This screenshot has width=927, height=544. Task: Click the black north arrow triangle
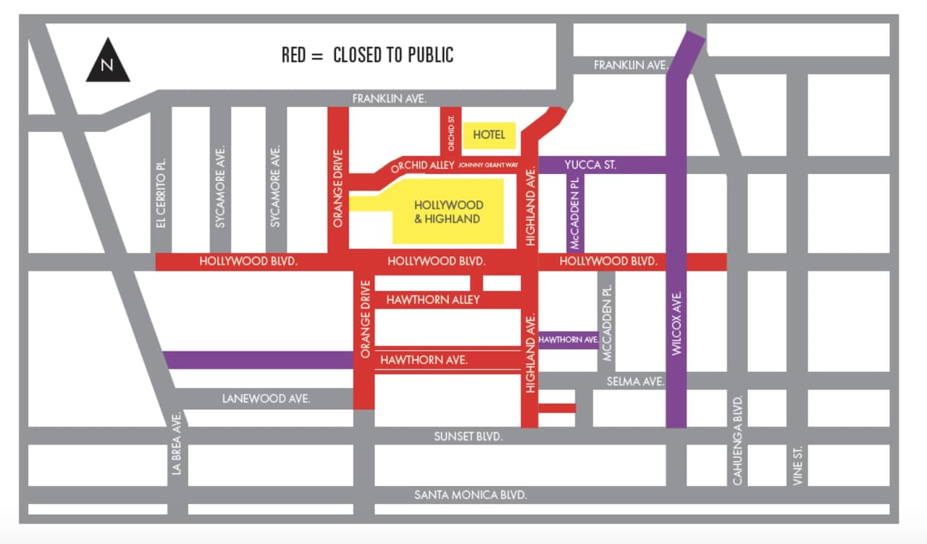pos(108,63)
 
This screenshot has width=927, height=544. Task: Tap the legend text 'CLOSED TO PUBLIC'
pos(393,55)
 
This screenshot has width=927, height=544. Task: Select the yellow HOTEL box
pos(489,135)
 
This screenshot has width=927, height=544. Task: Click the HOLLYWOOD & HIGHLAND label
pos(448,212)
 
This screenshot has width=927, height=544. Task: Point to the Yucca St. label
pos(590,165)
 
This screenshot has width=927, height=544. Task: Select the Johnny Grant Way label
pos(488,166)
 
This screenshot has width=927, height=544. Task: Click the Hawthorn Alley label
pos(433,299)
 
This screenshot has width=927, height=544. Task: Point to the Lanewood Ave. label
pos(267,398)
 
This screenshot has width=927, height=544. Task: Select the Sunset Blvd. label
pos(468,437)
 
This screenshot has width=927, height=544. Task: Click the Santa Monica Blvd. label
pos(470,495)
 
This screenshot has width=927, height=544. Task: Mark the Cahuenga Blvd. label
pos(738,440)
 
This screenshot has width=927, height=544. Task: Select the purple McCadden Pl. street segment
pos(576,213)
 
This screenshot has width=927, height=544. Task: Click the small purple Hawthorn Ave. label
pos(568,340)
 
